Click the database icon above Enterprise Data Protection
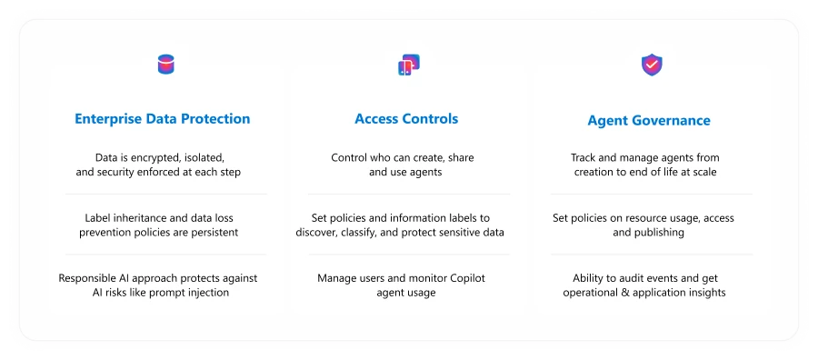click(165, 65)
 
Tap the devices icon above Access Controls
click(408, 65)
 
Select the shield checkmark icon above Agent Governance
click(652, 65)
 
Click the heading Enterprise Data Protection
click(162, 119)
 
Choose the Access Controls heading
click(406, 119)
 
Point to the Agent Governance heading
click(649, 120)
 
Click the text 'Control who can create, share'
click(402, 157)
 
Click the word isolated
click(202, 157)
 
